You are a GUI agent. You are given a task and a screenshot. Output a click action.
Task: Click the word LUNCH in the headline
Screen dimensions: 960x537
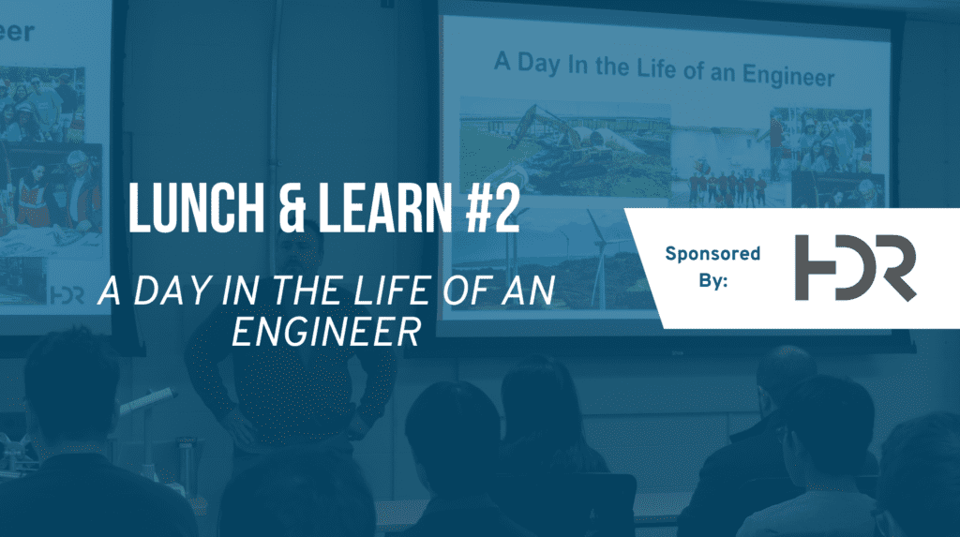tap(196, 208)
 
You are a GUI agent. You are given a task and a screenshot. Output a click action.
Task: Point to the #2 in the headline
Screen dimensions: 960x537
tap(493, 208)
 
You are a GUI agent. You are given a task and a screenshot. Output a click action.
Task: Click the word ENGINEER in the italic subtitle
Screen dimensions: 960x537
tap(326, 333)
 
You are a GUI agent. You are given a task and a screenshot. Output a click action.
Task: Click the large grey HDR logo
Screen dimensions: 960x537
tap(855, 268)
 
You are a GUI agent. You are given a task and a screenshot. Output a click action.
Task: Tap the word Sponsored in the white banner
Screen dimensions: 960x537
tap(712, 253)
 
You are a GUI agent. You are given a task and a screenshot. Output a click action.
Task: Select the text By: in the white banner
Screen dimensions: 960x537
tap(713, 280)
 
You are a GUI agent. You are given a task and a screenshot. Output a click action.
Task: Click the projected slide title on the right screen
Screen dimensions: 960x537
tap(665, 68)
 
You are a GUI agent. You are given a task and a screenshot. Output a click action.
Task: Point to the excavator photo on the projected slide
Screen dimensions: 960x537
tap(564, 148)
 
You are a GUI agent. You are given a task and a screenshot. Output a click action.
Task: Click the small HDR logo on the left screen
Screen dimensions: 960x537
tap(67, 296)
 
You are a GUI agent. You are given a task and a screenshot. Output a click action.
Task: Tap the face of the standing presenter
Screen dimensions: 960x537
tap(300, 254)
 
